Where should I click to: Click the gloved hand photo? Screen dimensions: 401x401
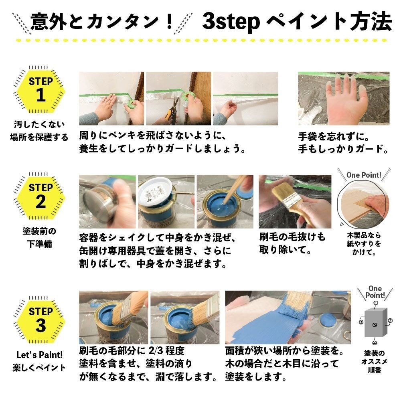[x=343, y=98]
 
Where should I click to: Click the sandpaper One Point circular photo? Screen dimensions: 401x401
[x=363, y=204]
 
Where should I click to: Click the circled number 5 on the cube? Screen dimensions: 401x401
[x=374, y=325]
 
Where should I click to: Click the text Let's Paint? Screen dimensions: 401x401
[x=39, y=355]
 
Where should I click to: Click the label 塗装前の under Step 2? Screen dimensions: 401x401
[x=39, y=231]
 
